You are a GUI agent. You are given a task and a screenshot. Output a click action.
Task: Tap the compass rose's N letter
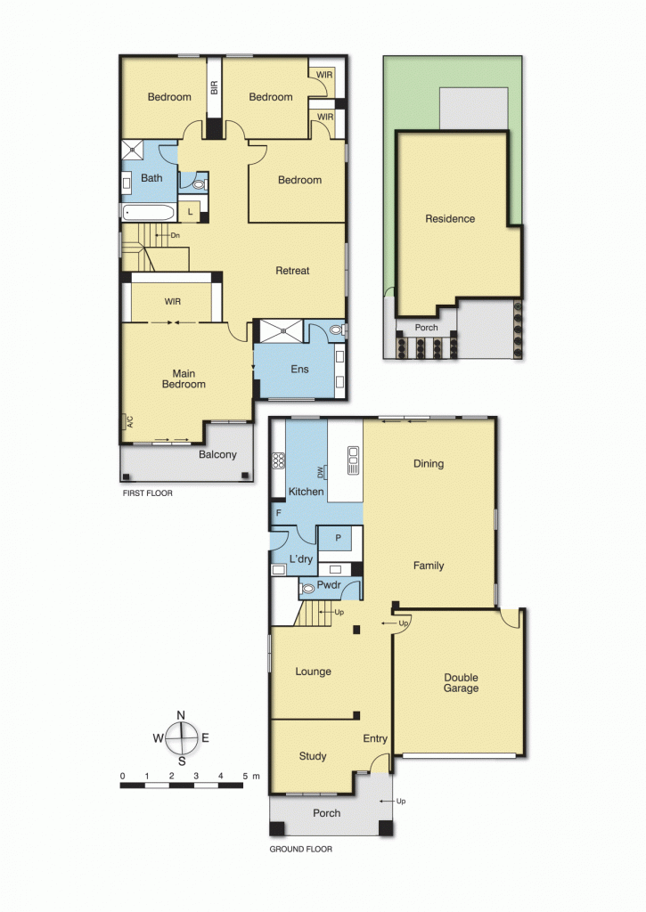click(181, 715)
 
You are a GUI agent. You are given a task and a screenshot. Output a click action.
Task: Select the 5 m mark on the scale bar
click(245, 777)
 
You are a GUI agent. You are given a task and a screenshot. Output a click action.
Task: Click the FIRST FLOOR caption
click(148, 493)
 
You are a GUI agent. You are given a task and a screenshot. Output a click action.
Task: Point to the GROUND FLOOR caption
click(300, 850)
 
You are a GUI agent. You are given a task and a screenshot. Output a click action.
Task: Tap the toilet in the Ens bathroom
click(336, 330)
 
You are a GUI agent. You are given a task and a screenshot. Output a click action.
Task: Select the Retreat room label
click(292, 271)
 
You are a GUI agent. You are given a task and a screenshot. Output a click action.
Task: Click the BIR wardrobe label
click(214, 87)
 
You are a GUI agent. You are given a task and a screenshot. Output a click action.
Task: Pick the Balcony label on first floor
click(217, 455)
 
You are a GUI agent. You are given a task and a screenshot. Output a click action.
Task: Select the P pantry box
click(337, 539)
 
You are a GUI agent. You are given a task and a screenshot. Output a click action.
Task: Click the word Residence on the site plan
click(450, 219)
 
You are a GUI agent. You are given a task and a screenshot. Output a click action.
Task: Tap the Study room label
click(312, 756)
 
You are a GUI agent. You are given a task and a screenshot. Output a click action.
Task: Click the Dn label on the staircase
click(175, 235)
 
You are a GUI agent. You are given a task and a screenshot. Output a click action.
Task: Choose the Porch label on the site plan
click(427, 327)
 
